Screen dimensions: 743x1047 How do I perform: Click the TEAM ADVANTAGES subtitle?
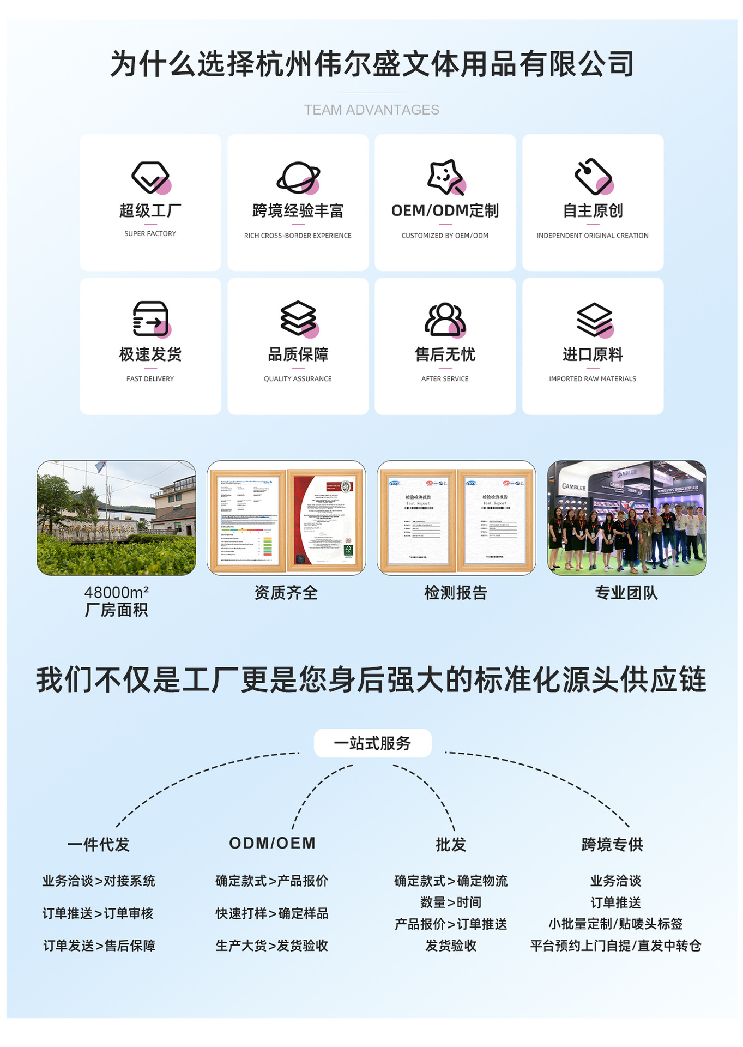371,110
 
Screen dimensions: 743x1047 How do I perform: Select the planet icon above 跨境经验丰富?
298,177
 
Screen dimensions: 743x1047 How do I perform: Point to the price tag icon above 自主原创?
593,177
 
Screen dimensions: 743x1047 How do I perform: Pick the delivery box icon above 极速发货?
151,318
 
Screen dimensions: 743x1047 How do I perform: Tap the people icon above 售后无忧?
445,319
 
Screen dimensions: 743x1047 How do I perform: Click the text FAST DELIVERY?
150,378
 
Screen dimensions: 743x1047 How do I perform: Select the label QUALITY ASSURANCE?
298,378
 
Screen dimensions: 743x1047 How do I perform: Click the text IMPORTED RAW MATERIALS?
593,378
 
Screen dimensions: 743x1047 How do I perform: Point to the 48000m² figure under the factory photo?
116,592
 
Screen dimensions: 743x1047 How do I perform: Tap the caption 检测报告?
456,593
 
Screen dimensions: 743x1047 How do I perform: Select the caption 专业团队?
626,593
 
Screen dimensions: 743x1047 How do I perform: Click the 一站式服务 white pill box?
372,743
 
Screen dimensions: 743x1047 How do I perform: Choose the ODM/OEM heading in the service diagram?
272,843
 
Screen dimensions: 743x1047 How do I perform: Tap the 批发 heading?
451,844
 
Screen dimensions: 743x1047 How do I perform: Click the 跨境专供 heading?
612,844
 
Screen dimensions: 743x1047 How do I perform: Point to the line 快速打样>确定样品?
271,913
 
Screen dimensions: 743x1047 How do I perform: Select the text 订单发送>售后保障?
99,946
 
